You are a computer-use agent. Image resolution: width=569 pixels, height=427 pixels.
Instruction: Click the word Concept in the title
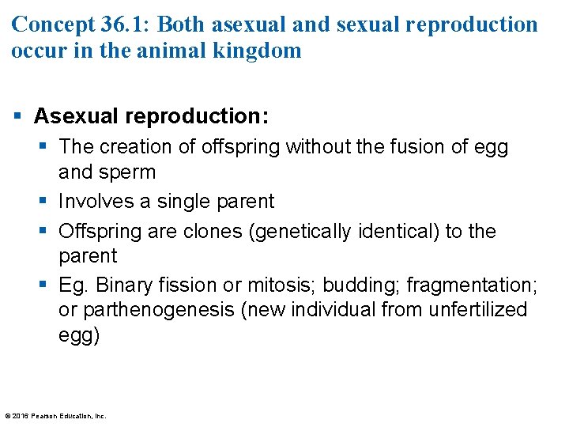(x=53, y=24)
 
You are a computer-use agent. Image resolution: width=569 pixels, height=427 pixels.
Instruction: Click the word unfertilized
(x=477, y=310)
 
